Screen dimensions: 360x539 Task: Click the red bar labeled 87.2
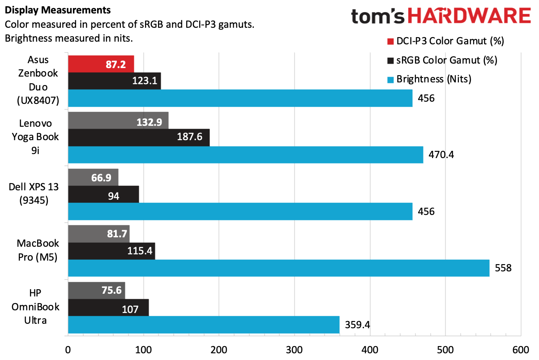[x=101, y=64]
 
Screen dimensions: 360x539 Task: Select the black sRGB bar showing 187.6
[x=139, y=137]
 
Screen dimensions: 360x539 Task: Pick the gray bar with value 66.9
[x=93, y=176]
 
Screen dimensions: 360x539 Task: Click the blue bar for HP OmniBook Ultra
[x=204, y=324]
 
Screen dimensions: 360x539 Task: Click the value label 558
[x=503, y=268]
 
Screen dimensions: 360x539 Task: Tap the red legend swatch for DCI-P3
[x=389, y=41]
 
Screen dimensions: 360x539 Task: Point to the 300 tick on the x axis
[x=294, y=350]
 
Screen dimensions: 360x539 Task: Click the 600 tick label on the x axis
[x=521, y=350]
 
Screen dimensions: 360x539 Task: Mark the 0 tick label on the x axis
[x=68, y=350]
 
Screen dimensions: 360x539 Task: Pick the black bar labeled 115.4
[x=111, y=251]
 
